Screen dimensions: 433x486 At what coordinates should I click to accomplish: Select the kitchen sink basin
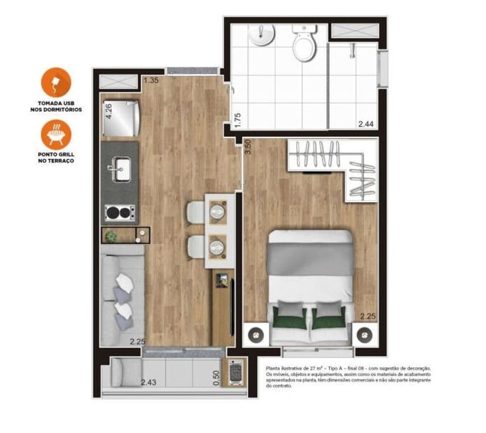120,169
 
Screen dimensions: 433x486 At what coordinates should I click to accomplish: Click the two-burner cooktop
120,212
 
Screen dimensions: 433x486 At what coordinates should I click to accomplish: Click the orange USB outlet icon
56,83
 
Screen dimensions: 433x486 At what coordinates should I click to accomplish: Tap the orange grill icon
56,135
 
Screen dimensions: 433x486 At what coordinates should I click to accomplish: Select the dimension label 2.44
366,124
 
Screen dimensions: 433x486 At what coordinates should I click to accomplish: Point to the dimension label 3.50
248,146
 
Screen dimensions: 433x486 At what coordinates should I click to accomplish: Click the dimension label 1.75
238,120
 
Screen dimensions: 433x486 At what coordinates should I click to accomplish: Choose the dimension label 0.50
217,378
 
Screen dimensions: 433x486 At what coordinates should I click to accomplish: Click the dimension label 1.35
151,81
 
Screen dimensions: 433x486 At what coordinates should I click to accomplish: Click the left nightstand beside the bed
255,335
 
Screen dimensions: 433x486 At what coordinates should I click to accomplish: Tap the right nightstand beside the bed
365,335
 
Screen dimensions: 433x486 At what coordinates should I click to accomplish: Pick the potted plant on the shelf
112,236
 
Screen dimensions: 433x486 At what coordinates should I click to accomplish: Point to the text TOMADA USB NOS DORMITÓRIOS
56,106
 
